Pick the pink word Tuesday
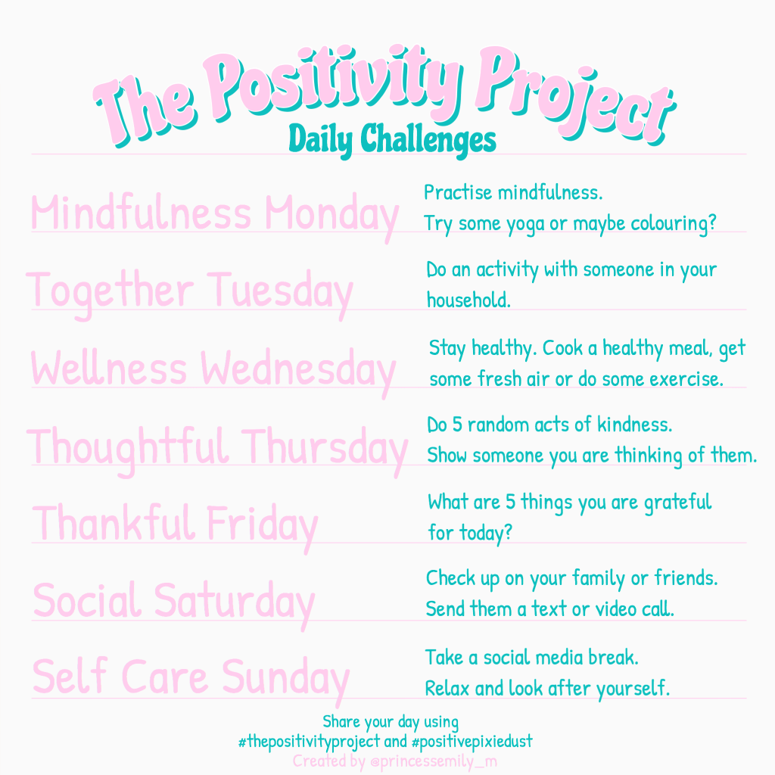280,291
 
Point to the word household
468,300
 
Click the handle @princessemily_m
434,761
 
